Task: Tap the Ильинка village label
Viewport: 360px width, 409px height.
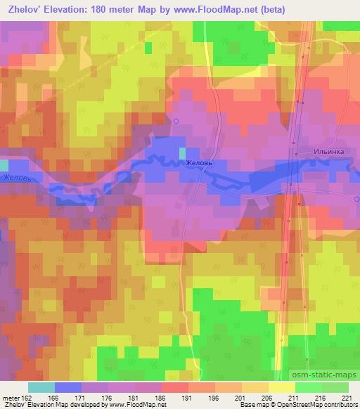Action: (x=328, y=151)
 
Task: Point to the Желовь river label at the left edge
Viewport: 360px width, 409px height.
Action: (x=15, y=181)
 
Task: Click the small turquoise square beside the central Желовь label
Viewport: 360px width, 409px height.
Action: (x=183, y=153)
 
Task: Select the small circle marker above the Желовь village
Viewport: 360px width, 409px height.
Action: (x=176, y=121)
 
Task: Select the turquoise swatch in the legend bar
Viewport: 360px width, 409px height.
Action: (x=41, y=387)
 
